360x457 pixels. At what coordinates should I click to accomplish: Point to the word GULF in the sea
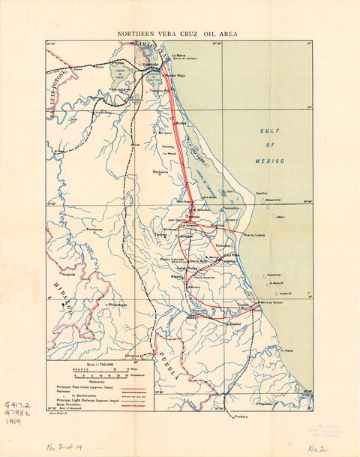tap(268, 131)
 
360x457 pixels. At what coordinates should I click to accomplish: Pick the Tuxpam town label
tap(242, 305)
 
